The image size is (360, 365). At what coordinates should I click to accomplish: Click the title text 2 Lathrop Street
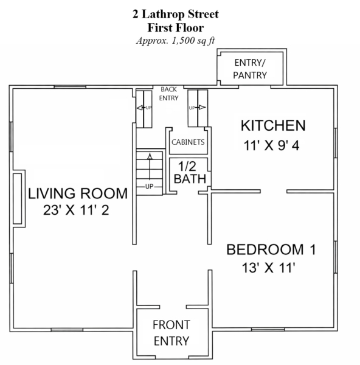[x=176, y=14]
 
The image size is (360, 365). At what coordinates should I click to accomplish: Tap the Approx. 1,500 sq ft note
[x=176, y=41]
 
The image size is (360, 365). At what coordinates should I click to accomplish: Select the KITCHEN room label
[x=273, y=125]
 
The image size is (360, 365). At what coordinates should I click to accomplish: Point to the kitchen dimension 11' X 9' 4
[x=271, y=146]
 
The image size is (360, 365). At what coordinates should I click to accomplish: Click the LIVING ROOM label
[x=78, y=193]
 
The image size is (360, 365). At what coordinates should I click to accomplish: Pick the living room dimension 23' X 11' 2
[x=76, y=210]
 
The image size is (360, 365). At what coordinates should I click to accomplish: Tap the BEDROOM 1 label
[x=271, y=249]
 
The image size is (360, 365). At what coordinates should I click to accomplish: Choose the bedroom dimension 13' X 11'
[x=269, y=268]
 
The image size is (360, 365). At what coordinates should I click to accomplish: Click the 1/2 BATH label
[x=190, y=173]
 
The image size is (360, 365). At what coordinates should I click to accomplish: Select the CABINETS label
[x=188, y=142]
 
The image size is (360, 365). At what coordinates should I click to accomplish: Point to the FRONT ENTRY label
[x=171, y=333]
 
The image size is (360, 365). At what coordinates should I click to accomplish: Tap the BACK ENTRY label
[x=168, y=94]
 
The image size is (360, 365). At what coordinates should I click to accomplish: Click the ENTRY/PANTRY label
[x=250, y=69]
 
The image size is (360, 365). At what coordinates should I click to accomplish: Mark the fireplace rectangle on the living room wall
[x=17, y=198]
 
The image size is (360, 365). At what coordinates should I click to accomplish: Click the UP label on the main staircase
[x=150, y=187]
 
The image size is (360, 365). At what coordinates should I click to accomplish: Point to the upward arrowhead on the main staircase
[x=150, y=156]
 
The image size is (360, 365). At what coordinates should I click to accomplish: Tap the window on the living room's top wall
[x=70, y=87]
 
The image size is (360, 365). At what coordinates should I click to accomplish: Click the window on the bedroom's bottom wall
[x=268, y=330]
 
